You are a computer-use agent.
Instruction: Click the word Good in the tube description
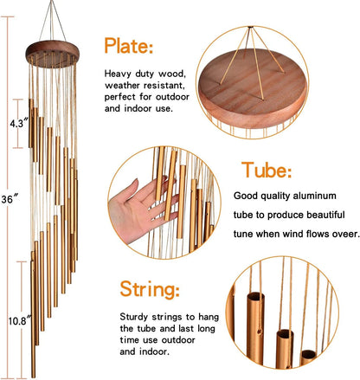pos(247,196)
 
